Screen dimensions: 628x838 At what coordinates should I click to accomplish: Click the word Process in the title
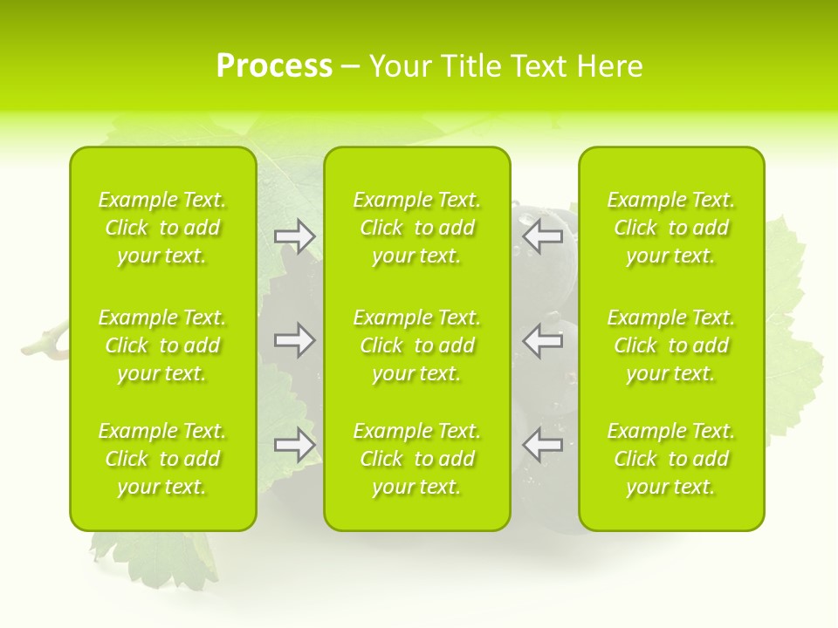(274, 65)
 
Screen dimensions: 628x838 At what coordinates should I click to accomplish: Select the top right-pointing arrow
(295, 236)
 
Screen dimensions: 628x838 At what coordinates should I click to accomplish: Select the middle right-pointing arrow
(295, 340)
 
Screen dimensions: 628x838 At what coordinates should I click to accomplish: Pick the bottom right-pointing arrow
(295, 445)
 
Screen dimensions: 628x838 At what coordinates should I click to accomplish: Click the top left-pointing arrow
(542, 236)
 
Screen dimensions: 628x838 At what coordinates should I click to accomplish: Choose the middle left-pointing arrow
(542, 340)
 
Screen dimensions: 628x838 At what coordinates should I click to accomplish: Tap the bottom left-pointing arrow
(542, 445)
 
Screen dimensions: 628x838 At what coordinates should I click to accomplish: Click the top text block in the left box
(162, 228)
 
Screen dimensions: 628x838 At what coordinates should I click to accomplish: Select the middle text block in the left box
(162, 345)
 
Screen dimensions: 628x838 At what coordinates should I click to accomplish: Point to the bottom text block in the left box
(162, 459)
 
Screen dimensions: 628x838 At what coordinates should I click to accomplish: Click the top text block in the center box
(416, 228)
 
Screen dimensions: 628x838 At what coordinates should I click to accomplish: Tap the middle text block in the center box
(416, 345)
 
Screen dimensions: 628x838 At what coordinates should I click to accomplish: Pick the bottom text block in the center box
(416, 459)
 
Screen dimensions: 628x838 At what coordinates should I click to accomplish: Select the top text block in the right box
(670, 228)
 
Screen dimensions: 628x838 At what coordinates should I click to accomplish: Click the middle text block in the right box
(670, 345)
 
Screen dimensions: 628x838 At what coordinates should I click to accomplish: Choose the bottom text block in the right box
(670, 459)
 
